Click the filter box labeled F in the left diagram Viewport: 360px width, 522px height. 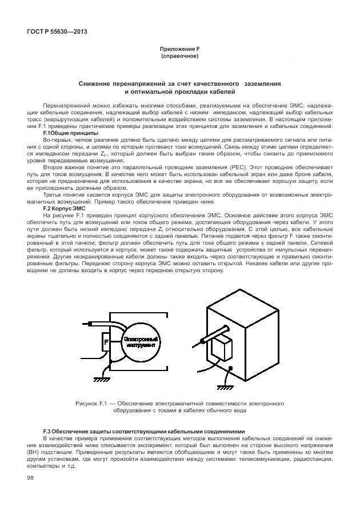click(106, 343)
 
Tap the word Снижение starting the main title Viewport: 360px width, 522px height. click(97, 84)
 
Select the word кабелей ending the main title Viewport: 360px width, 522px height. click(220, 91)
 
